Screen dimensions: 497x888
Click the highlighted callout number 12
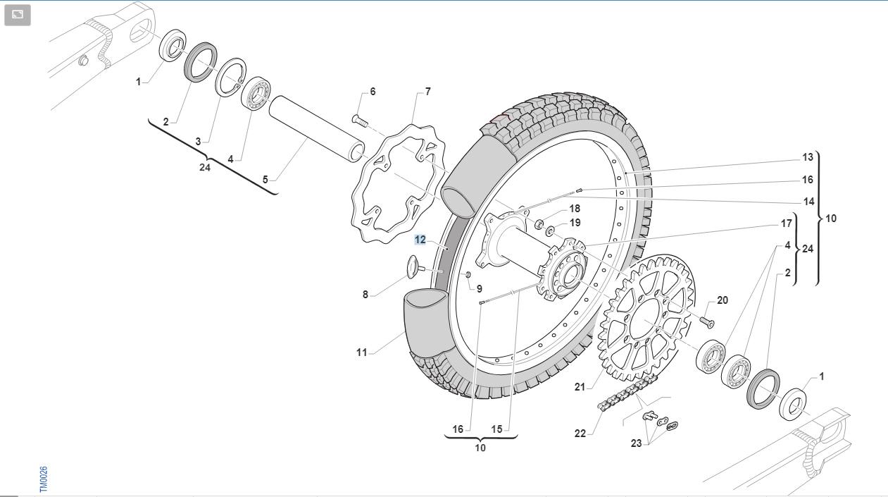tap(420, 240)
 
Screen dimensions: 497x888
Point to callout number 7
tap(427, 92)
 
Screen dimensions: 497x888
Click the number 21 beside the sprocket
tap(580, 386)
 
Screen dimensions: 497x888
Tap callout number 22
tap(580, 434)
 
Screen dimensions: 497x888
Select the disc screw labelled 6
tap(360, 120)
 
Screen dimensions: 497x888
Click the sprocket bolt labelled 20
tap(706, 321)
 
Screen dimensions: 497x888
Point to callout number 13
tap(808, 157)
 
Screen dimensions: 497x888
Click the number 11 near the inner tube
tap(361, 352)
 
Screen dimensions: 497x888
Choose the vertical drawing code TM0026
tap(43, 479)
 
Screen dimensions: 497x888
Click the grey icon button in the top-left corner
tap(18, 15)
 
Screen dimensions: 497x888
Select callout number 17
tap(787, 224)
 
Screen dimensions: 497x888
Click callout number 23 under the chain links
tap(636, 443)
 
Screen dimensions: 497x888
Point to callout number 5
tap(265, 179)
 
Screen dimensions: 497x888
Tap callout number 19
tap(575, 223)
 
